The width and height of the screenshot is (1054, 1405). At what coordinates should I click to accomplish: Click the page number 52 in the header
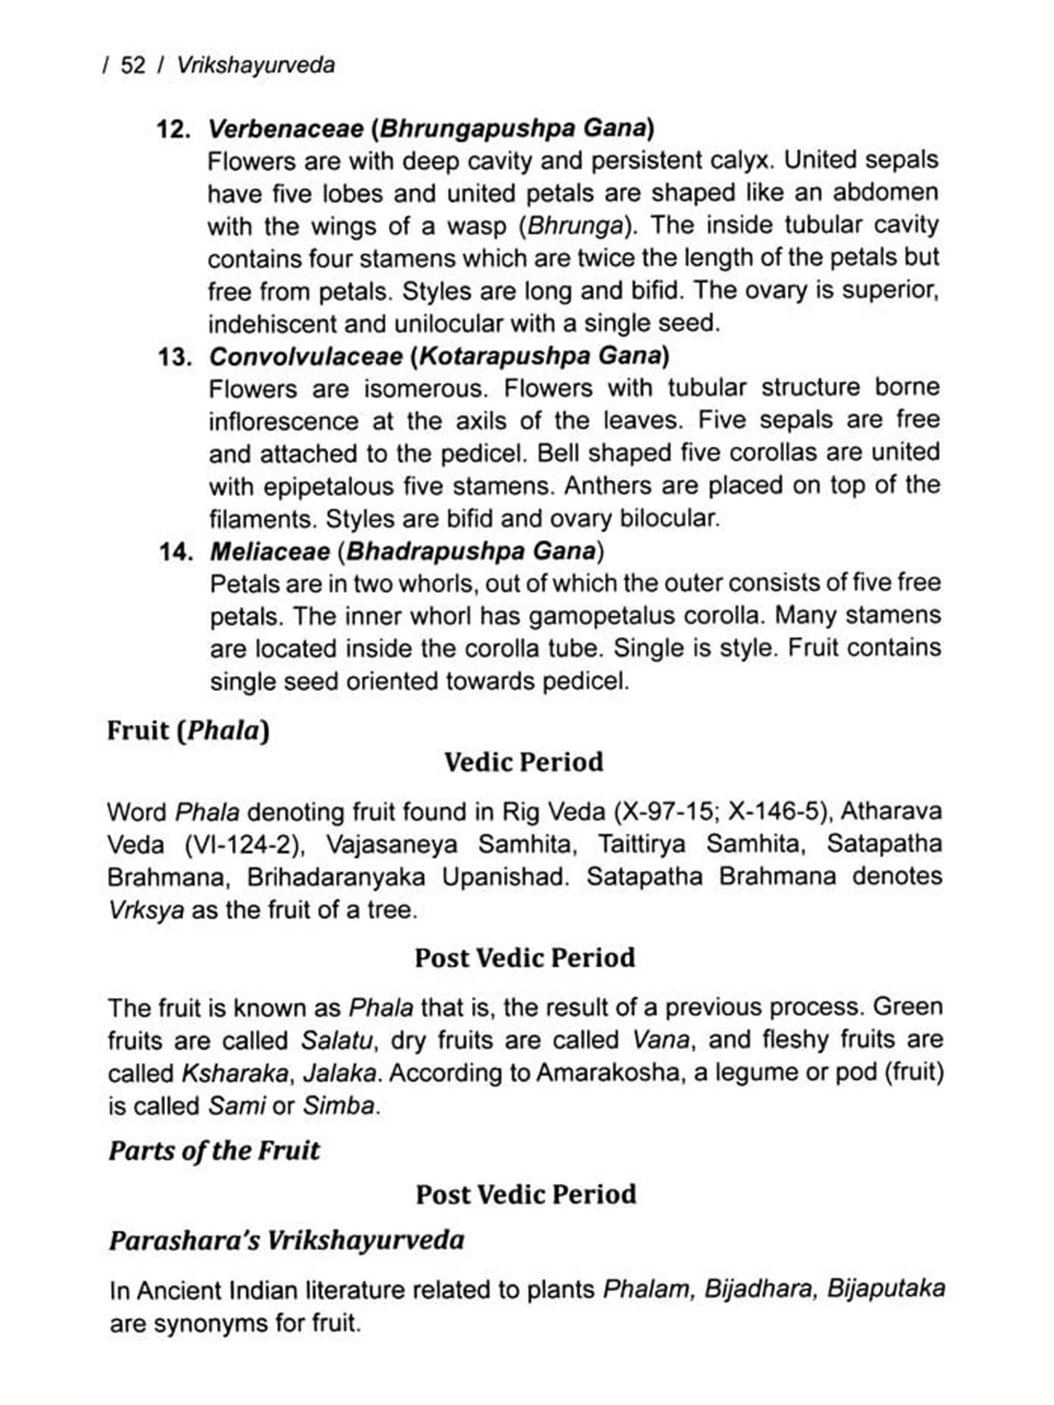(133, 65)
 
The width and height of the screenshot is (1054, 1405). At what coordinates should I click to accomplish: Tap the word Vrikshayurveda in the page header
(256, 65)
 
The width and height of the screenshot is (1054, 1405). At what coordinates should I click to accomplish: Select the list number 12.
(174, 129)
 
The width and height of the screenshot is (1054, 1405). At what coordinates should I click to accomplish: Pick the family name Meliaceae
(270, 552)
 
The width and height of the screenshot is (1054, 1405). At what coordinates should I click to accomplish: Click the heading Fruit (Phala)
(188, 731)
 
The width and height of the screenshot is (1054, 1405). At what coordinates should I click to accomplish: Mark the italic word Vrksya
(146, 910)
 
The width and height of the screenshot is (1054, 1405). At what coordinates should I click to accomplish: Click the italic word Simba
(341, 1106)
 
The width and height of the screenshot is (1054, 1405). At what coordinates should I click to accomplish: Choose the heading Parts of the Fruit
(214, 1151)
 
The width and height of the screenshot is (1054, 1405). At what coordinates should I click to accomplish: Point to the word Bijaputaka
(886, 1289)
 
